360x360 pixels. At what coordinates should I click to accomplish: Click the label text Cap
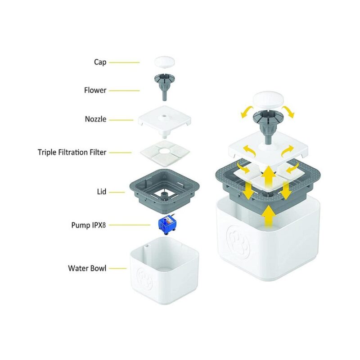100,62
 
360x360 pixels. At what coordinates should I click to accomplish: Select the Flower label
95,90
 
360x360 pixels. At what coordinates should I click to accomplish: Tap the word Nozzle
95,119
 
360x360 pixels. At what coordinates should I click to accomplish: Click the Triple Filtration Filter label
72,152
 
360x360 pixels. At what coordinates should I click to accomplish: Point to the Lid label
102,192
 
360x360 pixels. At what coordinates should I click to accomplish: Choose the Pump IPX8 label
89,225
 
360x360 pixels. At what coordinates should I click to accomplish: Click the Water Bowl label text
87,268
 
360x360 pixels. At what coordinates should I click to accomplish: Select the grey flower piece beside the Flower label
164,86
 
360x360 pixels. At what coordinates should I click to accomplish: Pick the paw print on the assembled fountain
238,242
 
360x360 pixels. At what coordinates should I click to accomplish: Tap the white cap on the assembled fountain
268,99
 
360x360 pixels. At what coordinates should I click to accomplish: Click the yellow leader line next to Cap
124,63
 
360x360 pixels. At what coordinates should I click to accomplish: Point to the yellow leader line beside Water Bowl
118,268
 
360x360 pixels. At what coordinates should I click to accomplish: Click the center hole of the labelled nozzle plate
164,117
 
